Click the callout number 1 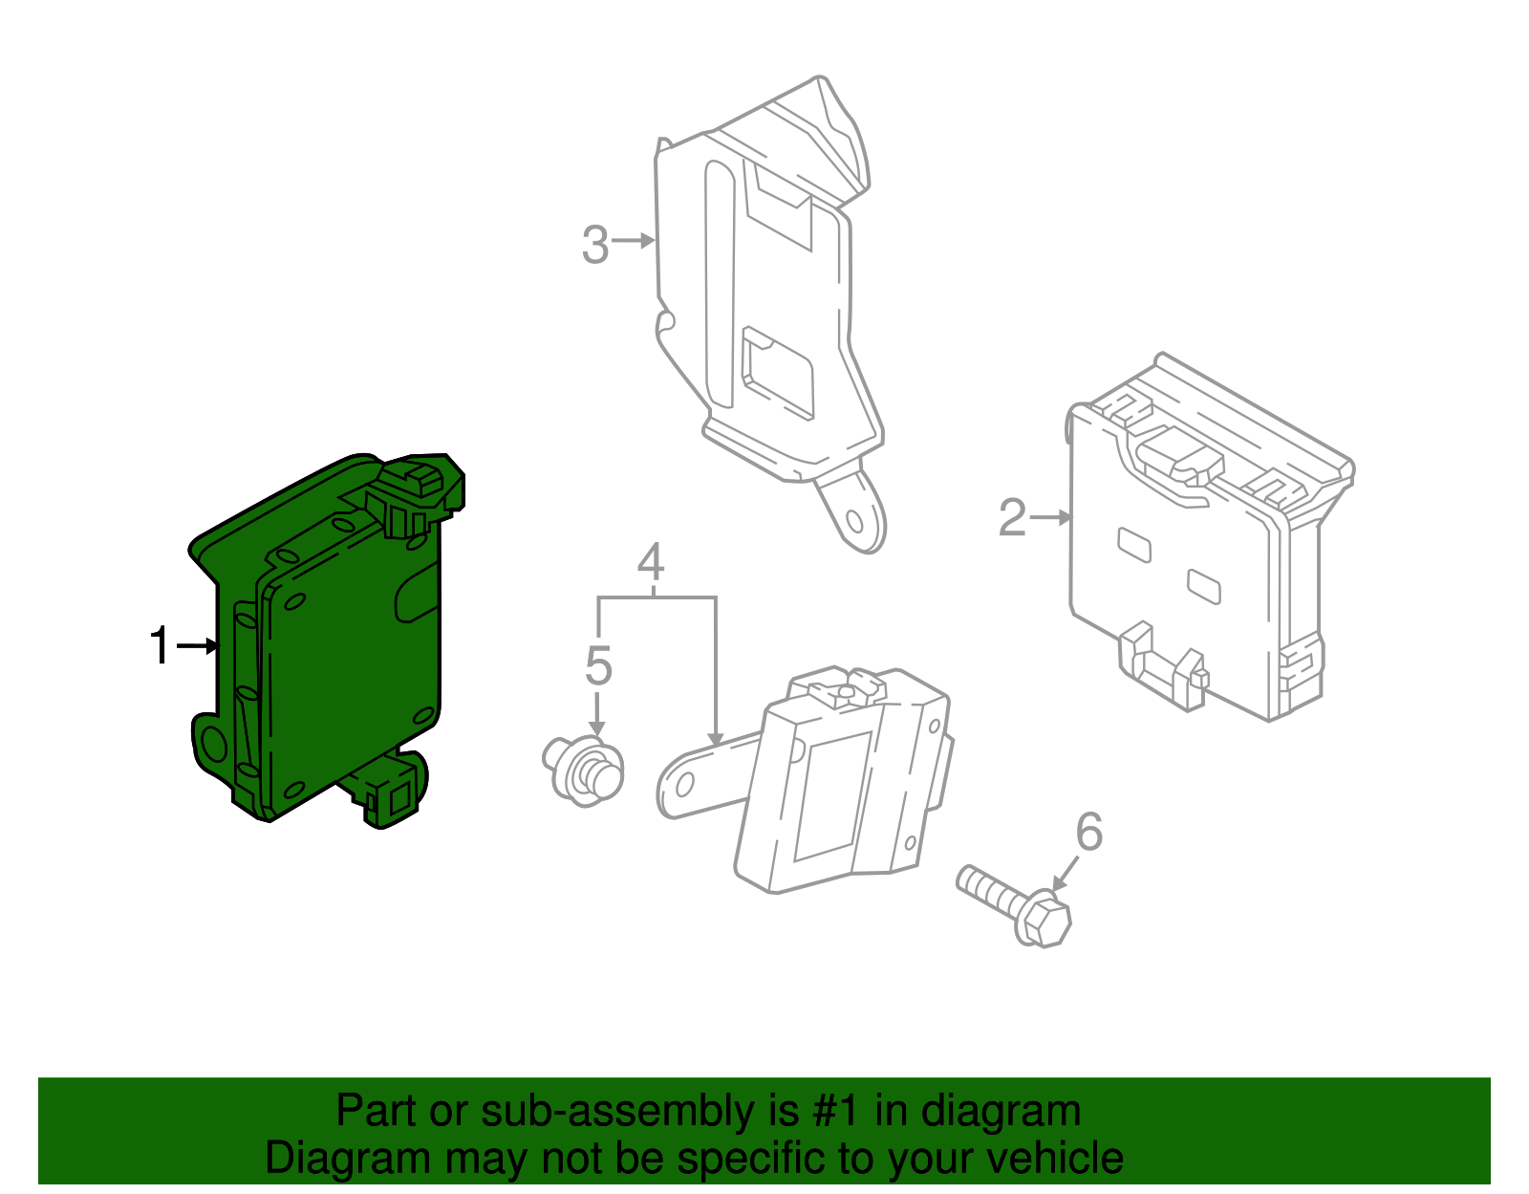click(x=161, y=646)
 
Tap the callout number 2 click(x=1012, y=517)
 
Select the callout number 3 click(x=594, y=245)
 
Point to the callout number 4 click(x=651, y=563)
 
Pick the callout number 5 click(x=598, y=665)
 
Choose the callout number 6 click(x=1089, y=832)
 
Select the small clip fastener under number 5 click(x=584, y=768)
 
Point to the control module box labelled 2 click(x=1195, y=545)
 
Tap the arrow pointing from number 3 click(x=633, y=241)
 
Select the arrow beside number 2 click(x=1052, y=517)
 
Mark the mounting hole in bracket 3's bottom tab click(x=856, y=523)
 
